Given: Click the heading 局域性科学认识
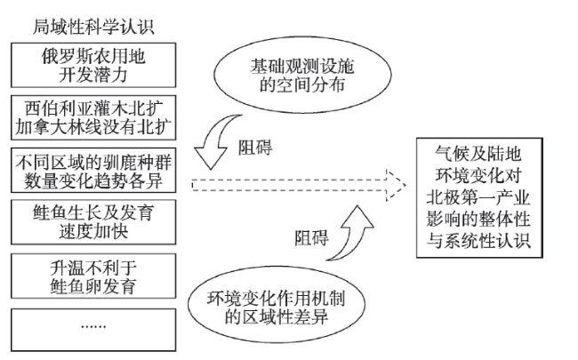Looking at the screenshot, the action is click(x=93, y=28).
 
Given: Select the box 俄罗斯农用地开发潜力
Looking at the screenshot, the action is click(x=93, y=65).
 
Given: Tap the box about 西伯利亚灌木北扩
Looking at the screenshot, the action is click(x=93, y=118).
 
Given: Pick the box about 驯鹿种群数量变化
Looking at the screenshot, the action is click(x=93, y=171).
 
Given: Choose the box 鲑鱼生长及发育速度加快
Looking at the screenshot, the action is click(x=93, y=222).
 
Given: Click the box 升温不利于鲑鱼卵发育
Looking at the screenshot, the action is click(x=93, y=276).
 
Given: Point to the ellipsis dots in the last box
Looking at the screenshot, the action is click(x=93, y=326).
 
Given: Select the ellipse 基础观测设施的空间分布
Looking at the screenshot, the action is click(x=302, y=75).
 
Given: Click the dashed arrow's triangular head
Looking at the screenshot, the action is click(x=396, y=185).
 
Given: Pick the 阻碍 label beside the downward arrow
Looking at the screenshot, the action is click(x=255, y=148).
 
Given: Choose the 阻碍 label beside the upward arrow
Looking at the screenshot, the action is click(x=311, y=237).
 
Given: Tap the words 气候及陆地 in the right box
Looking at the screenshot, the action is click(x=478, y=154).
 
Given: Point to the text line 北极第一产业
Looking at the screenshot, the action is click(x=478, y=197).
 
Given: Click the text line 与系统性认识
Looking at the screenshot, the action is click(x=478, y=241).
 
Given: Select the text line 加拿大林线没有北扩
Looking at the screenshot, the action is click(x=93, y=127).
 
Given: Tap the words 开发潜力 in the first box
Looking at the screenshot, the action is click(x=93, y=75).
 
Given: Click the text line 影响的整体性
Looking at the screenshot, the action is click(x=478, y=220).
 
